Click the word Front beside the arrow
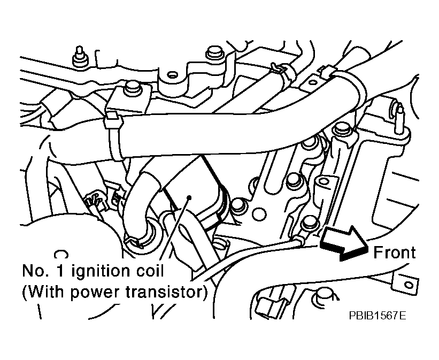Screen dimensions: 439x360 pos(395,252)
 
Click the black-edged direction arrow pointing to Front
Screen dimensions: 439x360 pos(344,243)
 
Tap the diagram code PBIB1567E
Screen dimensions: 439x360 pos(378,316)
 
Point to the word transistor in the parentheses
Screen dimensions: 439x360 pos(164,292)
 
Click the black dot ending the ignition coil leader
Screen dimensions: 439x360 pos(189,197)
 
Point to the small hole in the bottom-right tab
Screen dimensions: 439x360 pos(409,286)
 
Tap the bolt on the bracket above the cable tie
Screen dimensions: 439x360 pos(132,88)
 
